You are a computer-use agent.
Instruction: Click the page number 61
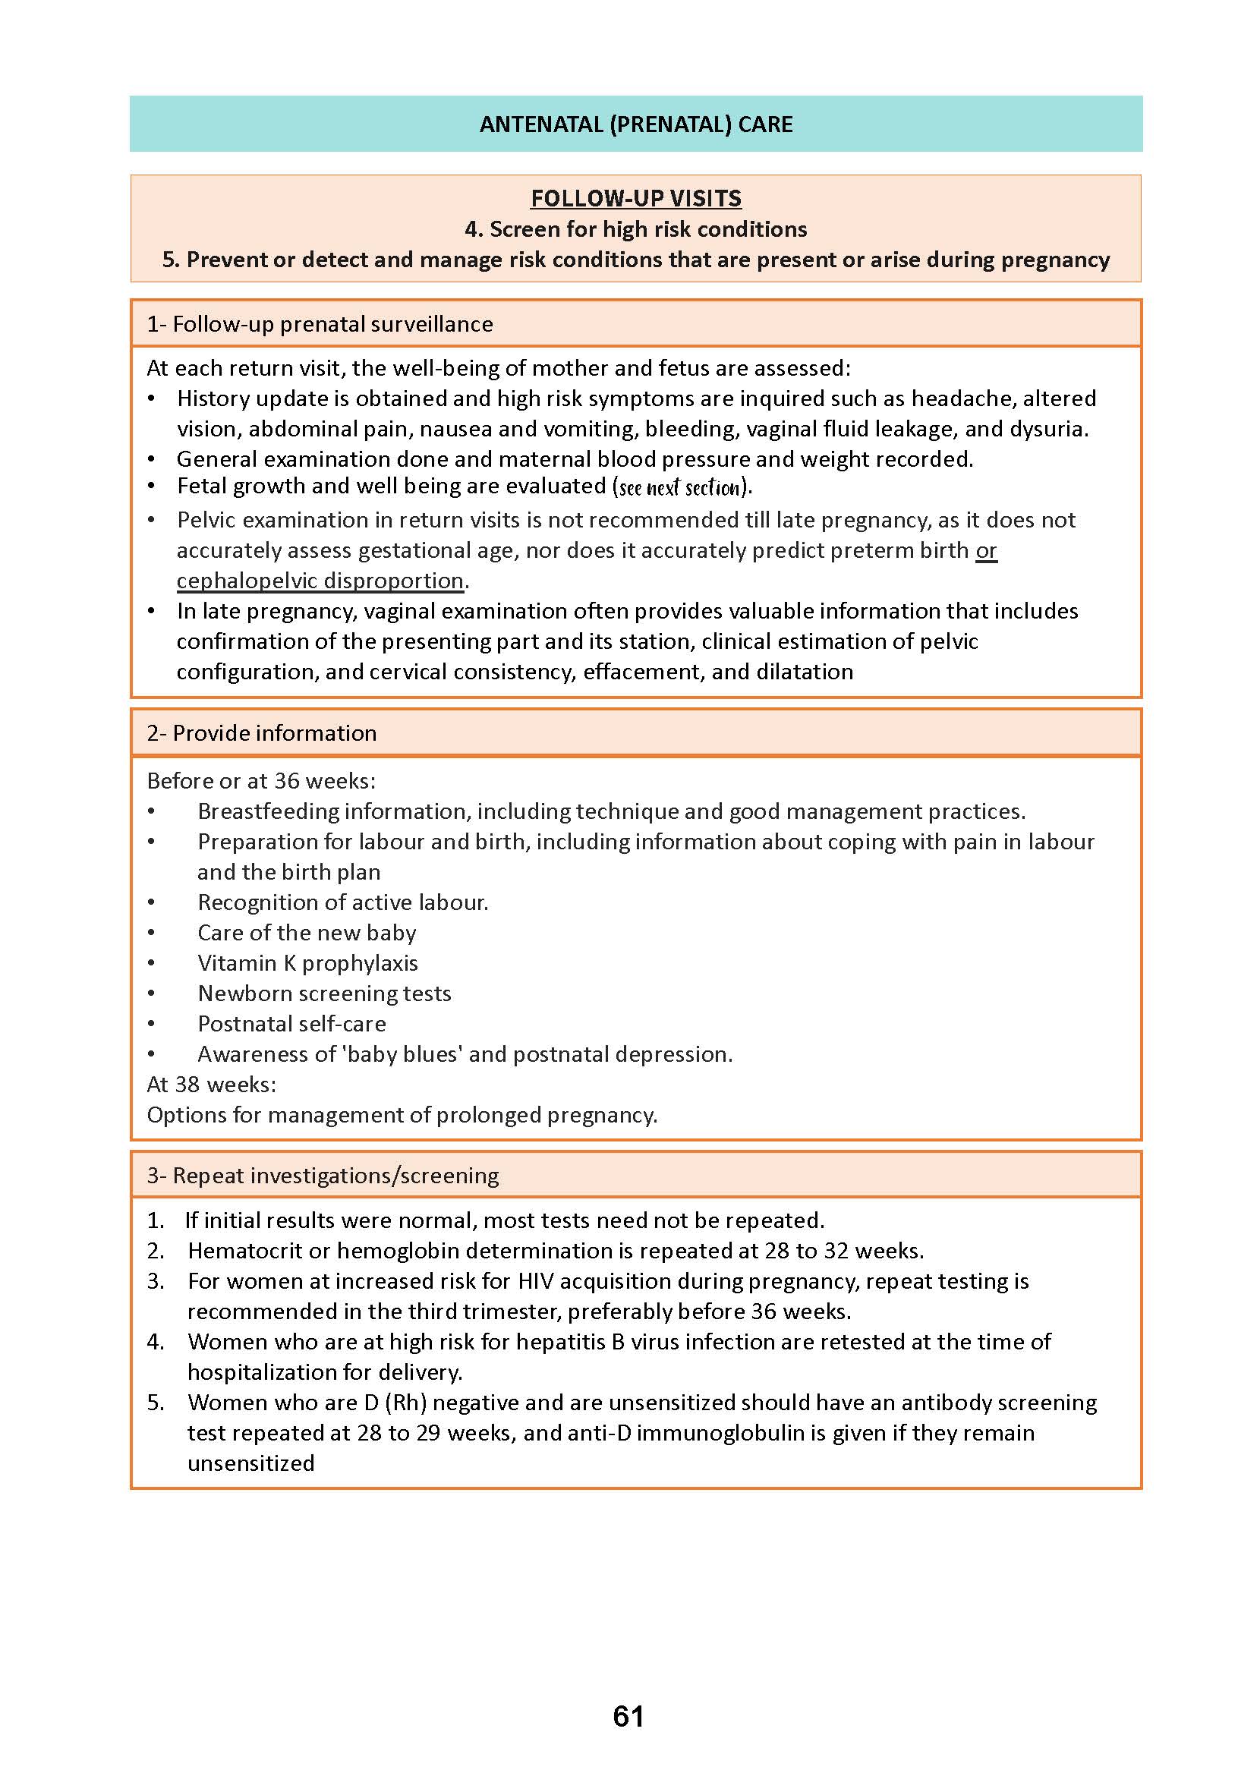[628, 1715]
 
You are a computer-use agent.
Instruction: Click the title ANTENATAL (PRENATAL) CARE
[635, 124]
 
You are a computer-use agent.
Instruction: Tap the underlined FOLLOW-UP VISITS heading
[635, 199]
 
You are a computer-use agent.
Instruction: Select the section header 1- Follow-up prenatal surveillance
[320, 323]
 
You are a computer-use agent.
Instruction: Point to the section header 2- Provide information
[261, 732]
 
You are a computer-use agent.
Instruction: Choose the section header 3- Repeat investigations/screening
[323, 1175]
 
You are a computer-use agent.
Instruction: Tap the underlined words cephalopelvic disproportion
[320, 581]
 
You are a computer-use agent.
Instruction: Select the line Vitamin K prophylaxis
[307, 963]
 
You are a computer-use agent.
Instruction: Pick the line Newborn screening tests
[324, 993]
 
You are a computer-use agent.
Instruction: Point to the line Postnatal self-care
[291, 1023]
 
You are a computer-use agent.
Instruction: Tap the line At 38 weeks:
[211, 1084]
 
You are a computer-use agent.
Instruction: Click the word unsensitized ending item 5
[250, 1463]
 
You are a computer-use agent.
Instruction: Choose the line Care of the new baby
[307, 933]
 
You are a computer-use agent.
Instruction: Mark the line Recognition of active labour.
[343, 902]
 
